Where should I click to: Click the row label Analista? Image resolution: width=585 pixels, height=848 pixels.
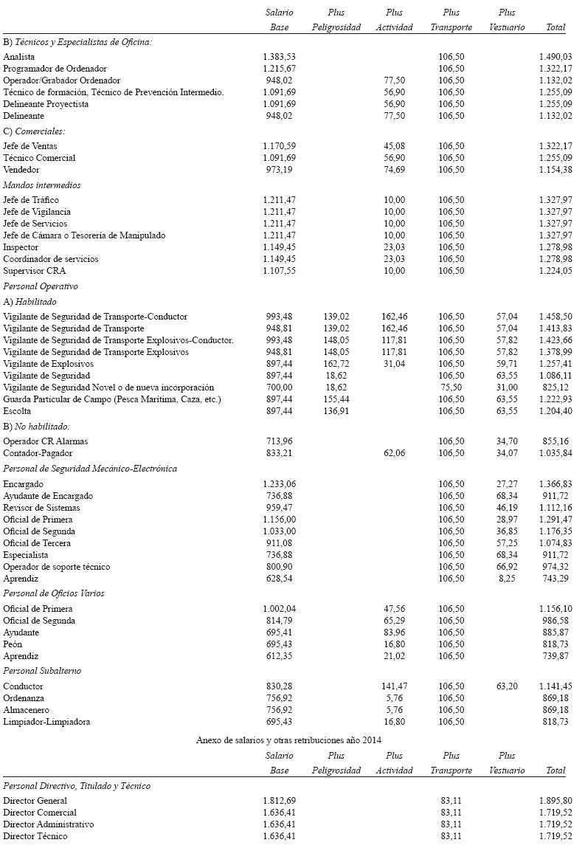pyautogui.click(x=19, y=57)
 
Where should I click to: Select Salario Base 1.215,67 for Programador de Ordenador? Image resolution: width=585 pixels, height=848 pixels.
pyautogui.click(x=279, y=69)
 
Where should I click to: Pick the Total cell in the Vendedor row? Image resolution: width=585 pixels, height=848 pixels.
pyautogui.click(x=555, y=170)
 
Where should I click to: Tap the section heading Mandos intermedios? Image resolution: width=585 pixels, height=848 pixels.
pyautogui.click(x=42, y=185)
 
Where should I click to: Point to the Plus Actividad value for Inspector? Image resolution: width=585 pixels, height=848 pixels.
pyautogui.click(x=395, y=247)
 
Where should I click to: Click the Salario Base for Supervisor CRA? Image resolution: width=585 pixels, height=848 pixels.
pyautogui.click(x=279, y=271)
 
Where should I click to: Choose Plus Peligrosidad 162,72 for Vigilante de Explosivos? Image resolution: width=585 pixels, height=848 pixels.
pyautogui.click(x=336, y=364)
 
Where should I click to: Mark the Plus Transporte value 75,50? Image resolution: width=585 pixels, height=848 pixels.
pyautogui.click(x=451, y=387)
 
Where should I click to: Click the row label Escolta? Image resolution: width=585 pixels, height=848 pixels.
pyautogui.click(x=17, y=411)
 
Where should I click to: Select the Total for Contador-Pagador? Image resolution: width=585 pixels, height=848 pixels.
pyautogui.click(x=555, y=453)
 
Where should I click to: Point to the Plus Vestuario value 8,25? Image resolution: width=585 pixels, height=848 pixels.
pyautogui.click(x=507, y=579)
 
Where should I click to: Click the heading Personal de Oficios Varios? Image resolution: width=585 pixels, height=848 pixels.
pyautogui.click(x=54, y=593)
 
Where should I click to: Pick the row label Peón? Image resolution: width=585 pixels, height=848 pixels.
pyautogui.click(x=13, y=644)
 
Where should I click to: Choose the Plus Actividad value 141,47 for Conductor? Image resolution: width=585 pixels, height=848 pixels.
pyautogui.click(x=395, y=686)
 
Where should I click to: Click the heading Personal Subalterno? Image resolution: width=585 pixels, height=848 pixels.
pyautogui.click(x=42, y=671)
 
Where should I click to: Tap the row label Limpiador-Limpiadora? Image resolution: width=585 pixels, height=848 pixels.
pyautogui.click(x=46, y=722)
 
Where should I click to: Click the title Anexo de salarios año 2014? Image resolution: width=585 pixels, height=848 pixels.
pyautogui.click(x=289, y=739)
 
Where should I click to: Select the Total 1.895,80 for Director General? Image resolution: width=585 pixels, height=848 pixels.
pyautogui.click(x=555, y=801)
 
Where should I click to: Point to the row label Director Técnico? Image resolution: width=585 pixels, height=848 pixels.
pyautogui.click(x=35, y=836)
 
